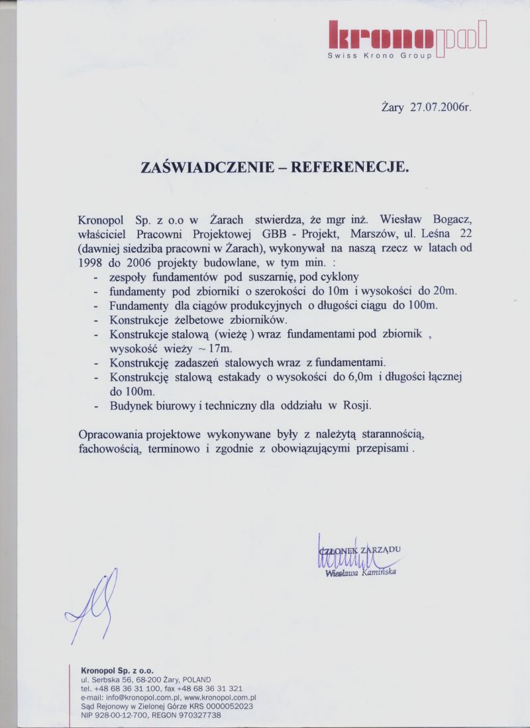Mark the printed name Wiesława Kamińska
pyautogui.click(x=361, y=573)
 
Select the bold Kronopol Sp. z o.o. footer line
pyautogui.click(x=117, y=670)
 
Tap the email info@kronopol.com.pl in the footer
pyautogui.click(x=136, y=698)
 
